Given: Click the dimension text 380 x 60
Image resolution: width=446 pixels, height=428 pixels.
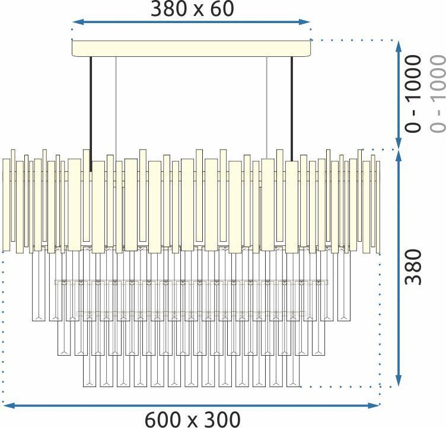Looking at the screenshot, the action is pyautogui.click(x=192, y=9).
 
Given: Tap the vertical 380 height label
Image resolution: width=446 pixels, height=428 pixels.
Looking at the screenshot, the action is pyautogui.click(x=413, y=267).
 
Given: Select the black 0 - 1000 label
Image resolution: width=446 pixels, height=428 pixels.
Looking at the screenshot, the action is pyautogui.click(x=413, y=94).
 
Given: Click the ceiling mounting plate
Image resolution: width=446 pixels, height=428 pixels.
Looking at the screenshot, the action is pyautogui.click(x=191, y=49).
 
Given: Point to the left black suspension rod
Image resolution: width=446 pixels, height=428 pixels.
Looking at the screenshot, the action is pyautogui.click(x=91, y=114).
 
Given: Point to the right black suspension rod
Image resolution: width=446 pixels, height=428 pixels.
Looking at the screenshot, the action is pyautogui.click(x=292, y=109).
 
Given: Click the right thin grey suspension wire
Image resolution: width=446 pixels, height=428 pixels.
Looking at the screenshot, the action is pyautogui.click(x=267, y=108).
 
